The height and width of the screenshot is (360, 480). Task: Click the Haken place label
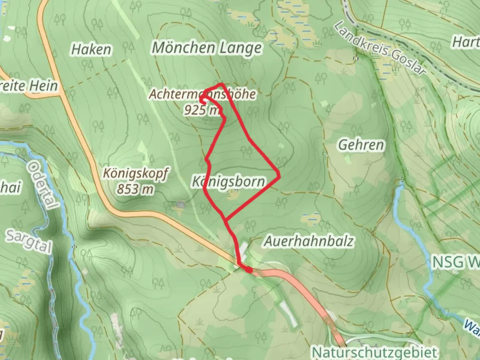[x=91, y=50]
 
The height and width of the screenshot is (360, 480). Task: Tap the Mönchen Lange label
[x=207, y=48]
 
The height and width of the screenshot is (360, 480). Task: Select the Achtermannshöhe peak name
[x=202, y=94]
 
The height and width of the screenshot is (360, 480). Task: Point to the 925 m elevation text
[x=202, y=110]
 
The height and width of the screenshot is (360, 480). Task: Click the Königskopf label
[x=136, y=174]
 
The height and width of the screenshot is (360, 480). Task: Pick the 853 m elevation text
[x=135, y=189]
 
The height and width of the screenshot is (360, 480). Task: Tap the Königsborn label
[x=229, y=182]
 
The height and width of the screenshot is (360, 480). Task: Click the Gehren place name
[x=361, y=145]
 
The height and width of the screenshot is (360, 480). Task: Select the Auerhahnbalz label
[x=308, y=241]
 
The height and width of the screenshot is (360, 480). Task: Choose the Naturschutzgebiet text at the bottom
[x=374, y=352]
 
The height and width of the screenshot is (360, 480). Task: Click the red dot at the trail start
[x=249, y=270]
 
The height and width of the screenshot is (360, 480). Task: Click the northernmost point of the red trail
[x=221, y=84]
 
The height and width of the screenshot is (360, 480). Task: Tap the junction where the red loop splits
[x=226, y=219]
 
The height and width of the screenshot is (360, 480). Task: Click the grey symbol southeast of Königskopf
[x=181, y=204]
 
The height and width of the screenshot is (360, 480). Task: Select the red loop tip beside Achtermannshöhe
[x=202, y=98]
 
